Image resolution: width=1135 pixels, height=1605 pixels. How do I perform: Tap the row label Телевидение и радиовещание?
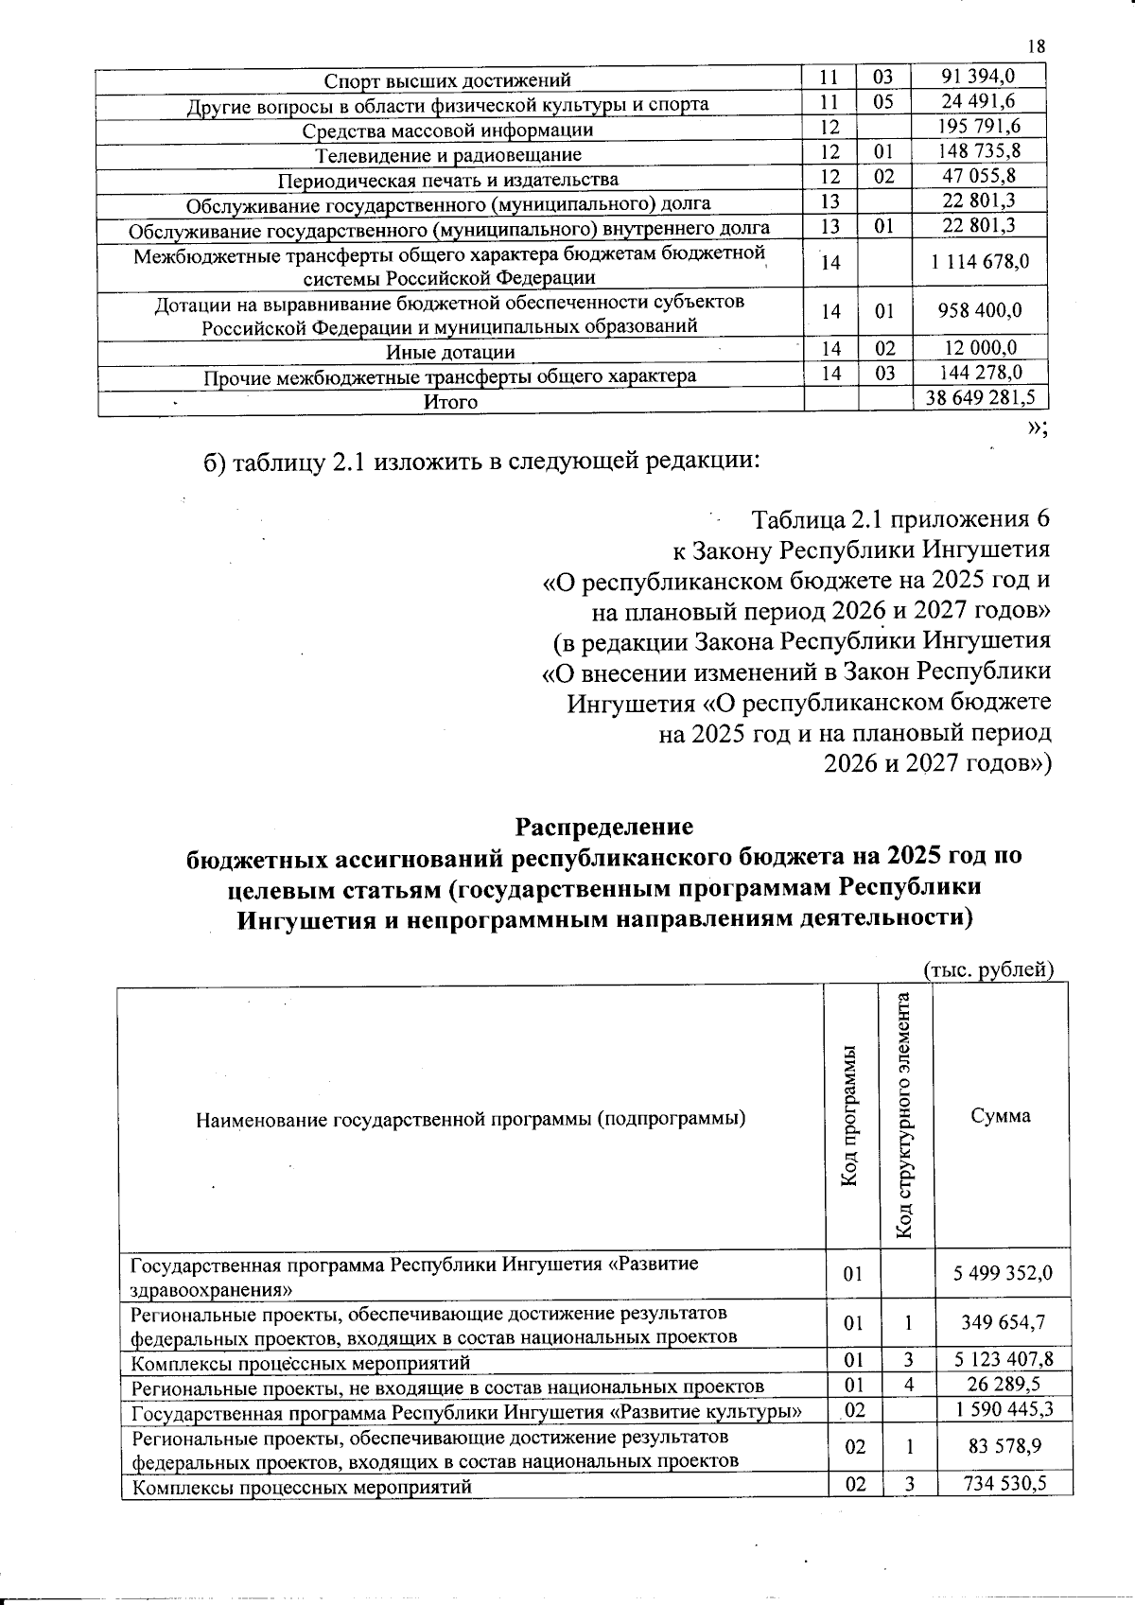(x=448, y=154)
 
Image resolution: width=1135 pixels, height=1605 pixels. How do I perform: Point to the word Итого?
(x=450, y=402)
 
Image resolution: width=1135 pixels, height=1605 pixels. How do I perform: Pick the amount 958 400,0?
(x=979, y=311)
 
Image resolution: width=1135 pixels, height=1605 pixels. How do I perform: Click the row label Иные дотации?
(x=451, y=352)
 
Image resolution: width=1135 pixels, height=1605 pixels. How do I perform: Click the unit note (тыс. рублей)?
(x=987, y=969)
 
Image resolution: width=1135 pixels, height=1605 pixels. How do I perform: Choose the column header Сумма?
(x=1001, y=1115)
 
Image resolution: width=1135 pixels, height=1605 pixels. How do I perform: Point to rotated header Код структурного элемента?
(x=905, y=1115)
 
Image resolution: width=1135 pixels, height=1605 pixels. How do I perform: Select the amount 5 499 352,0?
(x=1004, y=1273)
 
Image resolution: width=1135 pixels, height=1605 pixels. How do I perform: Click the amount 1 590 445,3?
(x=1004, y=1409)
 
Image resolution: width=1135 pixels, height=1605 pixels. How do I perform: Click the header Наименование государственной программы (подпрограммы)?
(x=470, y=1120)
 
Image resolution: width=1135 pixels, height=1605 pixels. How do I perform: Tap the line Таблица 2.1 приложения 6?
(x=900, y=519)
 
